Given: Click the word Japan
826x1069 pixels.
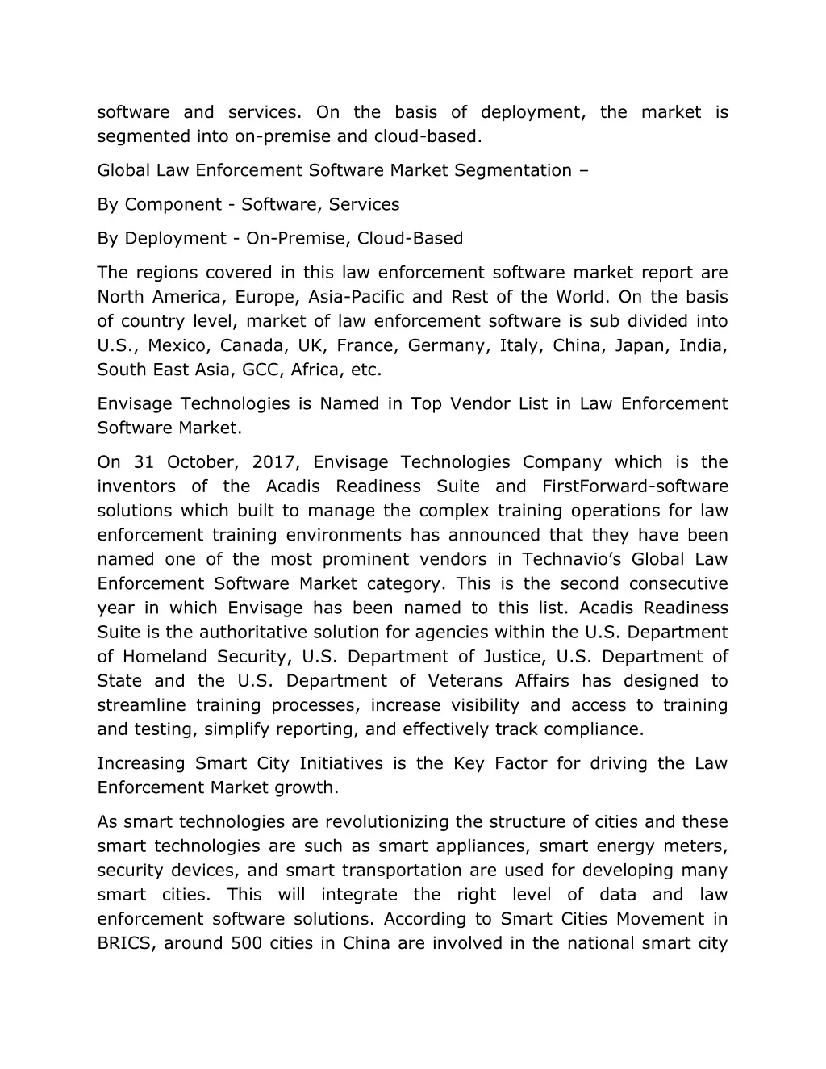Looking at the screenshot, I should coord(640,345).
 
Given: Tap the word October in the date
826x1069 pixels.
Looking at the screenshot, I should coord(202,462).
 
